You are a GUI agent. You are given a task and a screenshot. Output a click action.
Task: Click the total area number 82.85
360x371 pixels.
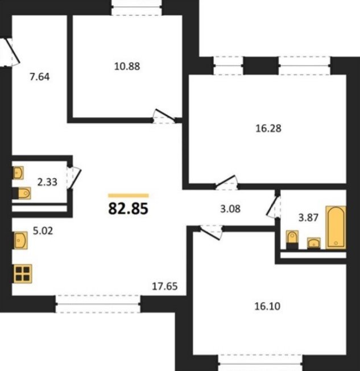point(128,208)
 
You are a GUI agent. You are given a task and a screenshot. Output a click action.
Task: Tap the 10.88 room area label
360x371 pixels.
point(127,66)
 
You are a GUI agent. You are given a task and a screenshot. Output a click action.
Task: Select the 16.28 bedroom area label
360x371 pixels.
point(268,129)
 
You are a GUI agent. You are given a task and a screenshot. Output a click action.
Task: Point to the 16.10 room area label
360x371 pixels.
point(267,306)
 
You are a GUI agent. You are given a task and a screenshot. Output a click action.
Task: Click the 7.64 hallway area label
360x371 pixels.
point(40,77)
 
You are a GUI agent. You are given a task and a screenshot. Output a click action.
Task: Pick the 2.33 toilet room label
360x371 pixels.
point(47,182)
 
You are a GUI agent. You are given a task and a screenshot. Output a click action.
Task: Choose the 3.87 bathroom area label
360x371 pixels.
point(308,217)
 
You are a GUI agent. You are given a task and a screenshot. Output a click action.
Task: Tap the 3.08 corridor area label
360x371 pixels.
point(230,209)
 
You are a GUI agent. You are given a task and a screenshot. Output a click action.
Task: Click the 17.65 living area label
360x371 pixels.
point(164,287)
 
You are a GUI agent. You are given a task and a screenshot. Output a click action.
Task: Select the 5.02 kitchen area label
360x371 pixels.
point(43,230)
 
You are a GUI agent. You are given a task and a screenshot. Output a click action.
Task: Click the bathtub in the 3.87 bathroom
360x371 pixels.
point(336,228)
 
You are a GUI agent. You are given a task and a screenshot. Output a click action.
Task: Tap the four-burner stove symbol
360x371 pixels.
point(23,274)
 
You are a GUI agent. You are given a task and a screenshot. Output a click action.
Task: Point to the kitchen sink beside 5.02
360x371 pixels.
point(21,240)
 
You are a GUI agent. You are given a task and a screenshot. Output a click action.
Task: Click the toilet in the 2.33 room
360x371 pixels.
point(22,193)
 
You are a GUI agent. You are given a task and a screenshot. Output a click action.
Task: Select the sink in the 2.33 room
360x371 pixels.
point(18,173)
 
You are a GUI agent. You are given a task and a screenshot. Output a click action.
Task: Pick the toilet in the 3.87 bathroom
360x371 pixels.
point(292,240)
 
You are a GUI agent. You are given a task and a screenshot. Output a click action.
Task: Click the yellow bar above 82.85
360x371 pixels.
point(129,195)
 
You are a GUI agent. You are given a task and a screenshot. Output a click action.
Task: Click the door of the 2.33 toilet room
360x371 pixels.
point(75,178)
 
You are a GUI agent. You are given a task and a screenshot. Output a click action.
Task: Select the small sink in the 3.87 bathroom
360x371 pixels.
point(314,243)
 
